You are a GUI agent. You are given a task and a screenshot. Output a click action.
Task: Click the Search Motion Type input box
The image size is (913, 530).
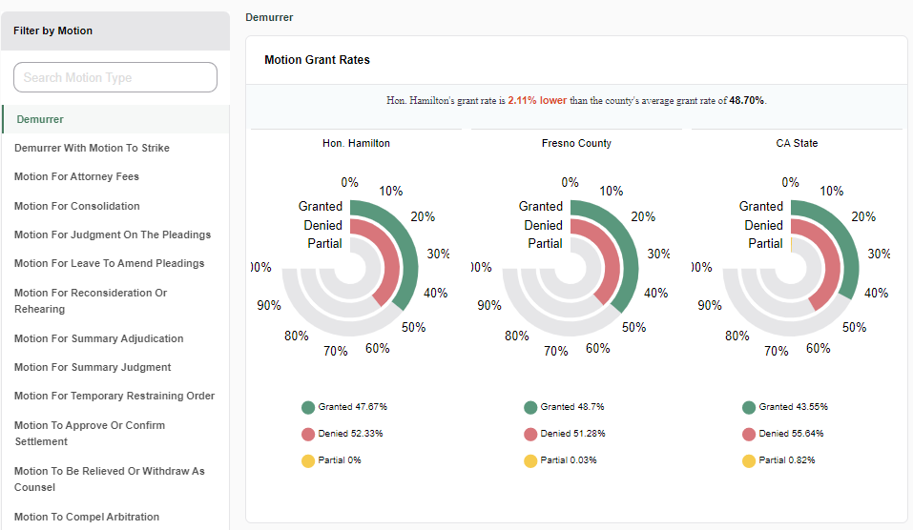115,77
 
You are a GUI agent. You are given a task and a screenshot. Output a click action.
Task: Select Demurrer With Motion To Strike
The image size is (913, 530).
92,148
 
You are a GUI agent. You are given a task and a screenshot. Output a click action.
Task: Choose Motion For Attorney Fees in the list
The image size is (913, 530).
76,176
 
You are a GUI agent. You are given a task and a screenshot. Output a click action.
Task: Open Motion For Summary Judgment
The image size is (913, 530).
93,367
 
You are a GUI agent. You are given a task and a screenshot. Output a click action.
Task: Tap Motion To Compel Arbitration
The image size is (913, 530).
87,517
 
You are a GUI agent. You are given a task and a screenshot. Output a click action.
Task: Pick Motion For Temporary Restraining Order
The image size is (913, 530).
114,396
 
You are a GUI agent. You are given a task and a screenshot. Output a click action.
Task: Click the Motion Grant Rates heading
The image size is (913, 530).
317,59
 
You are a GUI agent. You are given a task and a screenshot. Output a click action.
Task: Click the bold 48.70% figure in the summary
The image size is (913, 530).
746,100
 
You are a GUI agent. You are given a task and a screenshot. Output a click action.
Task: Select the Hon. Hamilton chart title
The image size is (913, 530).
356,143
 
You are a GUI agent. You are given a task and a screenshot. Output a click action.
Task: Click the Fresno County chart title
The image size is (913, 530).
576,143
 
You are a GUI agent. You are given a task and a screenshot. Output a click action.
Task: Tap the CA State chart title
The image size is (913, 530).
797,143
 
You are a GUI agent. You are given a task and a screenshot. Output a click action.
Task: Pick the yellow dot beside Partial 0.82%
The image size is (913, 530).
749,461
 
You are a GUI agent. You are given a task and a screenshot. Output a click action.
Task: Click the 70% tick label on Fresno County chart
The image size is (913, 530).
556,351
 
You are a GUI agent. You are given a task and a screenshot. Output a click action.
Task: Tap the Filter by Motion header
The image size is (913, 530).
53,31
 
